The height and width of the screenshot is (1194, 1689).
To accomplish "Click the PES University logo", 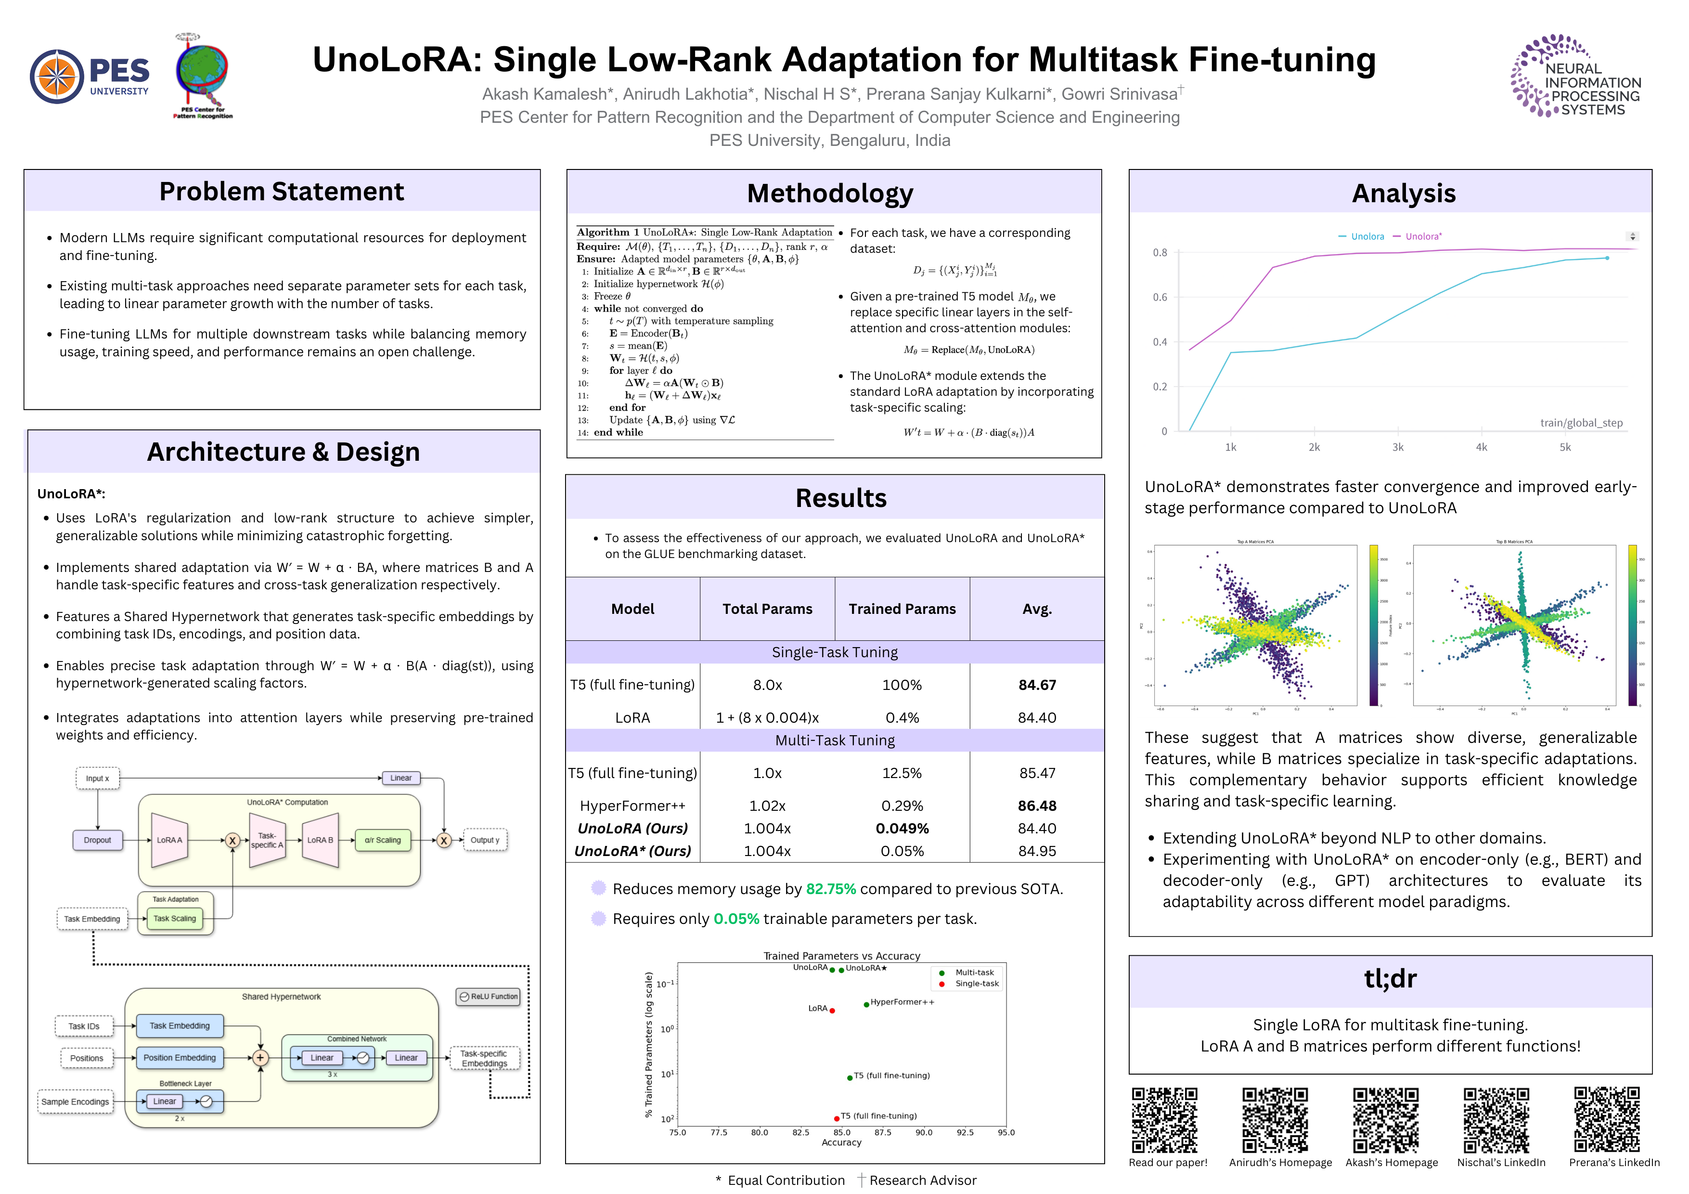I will pos(89,77).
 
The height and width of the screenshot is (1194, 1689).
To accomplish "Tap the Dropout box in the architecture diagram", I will pos(97,840).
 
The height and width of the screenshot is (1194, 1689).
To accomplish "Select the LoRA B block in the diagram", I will pos(321,840).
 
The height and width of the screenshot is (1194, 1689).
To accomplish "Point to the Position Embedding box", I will pos(180,1058).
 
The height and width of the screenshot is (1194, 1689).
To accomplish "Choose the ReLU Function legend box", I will pos(489,997).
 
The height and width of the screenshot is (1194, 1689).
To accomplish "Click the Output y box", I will pos(485,840).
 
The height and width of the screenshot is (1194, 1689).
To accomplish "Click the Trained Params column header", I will pos(902,609).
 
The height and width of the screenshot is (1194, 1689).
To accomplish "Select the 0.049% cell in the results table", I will pos(902,829).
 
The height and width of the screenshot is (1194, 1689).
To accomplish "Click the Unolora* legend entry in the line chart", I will pos(1423,236).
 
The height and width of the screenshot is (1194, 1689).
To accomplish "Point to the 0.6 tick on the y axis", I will pos(1160,297).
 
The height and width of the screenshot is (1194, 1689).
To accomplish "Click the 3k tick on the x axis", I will pos(1398,447).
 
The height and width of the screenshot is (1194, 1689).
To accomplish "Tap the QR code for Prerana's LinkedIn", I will pos(1607,1120).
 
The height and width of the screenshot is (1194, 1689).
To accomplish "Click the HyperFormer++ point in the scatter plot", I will pos(866,1005).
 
